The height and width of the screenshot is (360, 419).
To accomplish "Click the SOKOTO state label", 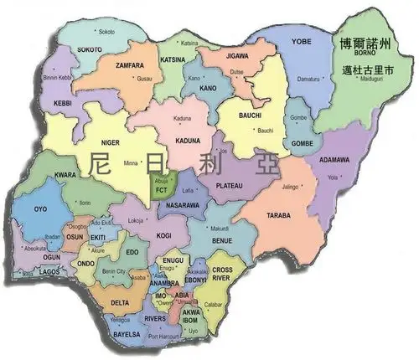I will click(90, 49).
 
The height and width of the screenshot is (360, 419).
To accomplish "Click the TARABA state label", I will click(279, 215).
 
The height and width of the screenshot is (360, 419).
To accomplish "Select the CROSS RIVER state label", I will click(222, 275).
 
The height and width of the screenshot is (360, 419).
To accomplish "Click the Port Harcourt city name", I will click(164, 337).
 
